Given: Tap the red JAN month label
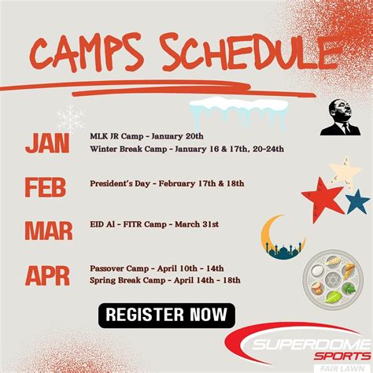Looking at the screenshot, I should (x=47, y=143).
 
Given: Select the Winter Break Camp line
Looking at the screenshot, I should (x=186, y=148).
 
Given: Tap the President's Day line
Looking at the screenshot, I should (x=167, y=183).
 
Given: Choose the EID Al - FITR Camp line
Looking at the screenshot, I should (x=153, y=224).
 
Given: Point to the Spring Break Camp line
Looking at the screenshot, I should (x=164, y=279).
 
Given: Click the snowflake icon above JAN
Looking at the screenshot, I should (x=70, y=117).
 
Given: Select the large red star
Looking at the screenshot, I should (x=323, y=198).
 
